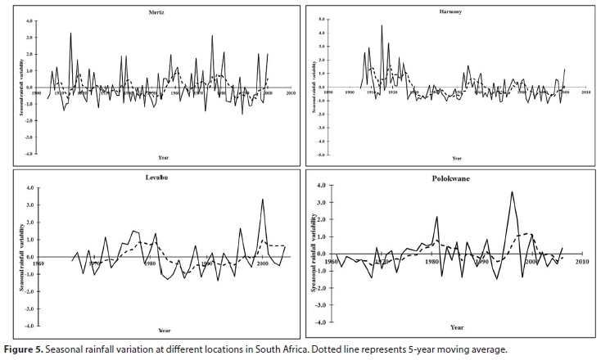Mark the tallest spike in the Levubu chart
click(x=263, y=199)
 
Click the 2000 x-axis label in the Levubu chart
click(x=263, y=263)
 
